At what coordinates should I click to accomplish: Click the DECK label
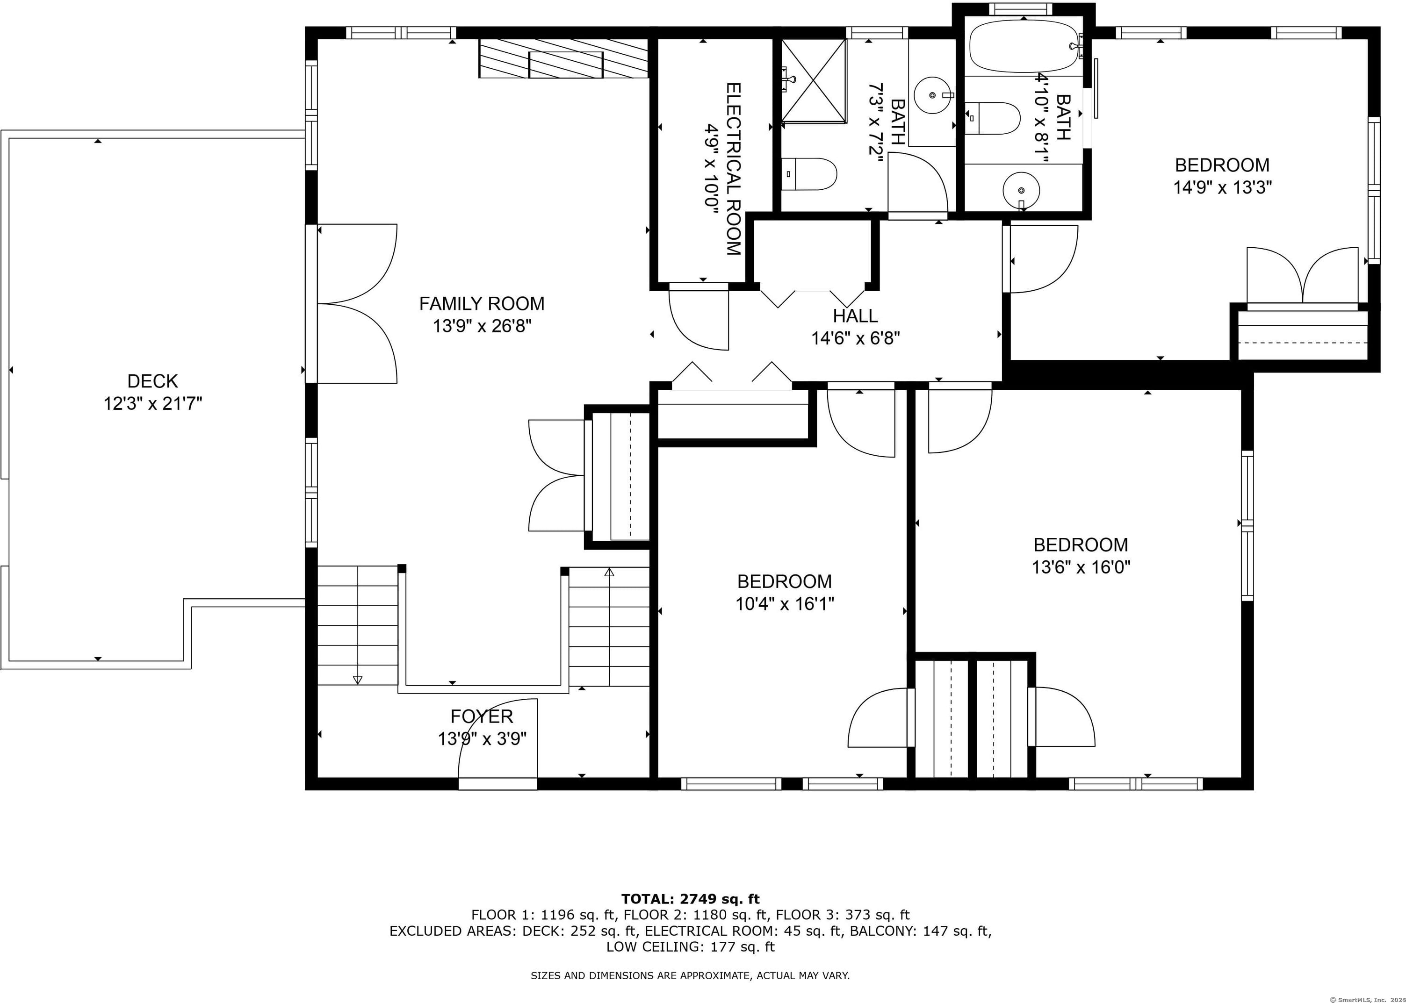click(x=152, y=380)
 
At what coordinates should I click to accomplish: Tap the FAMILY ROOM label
click(x=482, y=303)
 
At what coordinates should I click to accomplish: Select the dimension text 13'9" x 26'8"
click(x=482, y=325)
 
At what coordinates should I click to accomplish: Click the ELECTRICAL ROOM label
click(x=733, y=169)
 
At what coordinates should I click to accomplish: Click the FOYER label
click(x=482, y=716)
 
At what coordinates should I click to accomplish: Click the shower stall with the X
click(x=814, y=81)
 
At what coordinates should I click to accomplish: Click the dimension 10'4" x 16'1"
click(x=785, y=603)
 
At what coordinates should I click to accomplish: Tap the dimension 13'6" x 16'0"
click(x=1081, y=567)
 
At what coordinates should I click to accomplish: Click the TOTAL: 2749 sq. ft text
click(x=690, y=899)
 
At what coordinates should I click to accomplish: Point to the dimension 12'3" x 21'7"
click(x=152, y=403)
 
